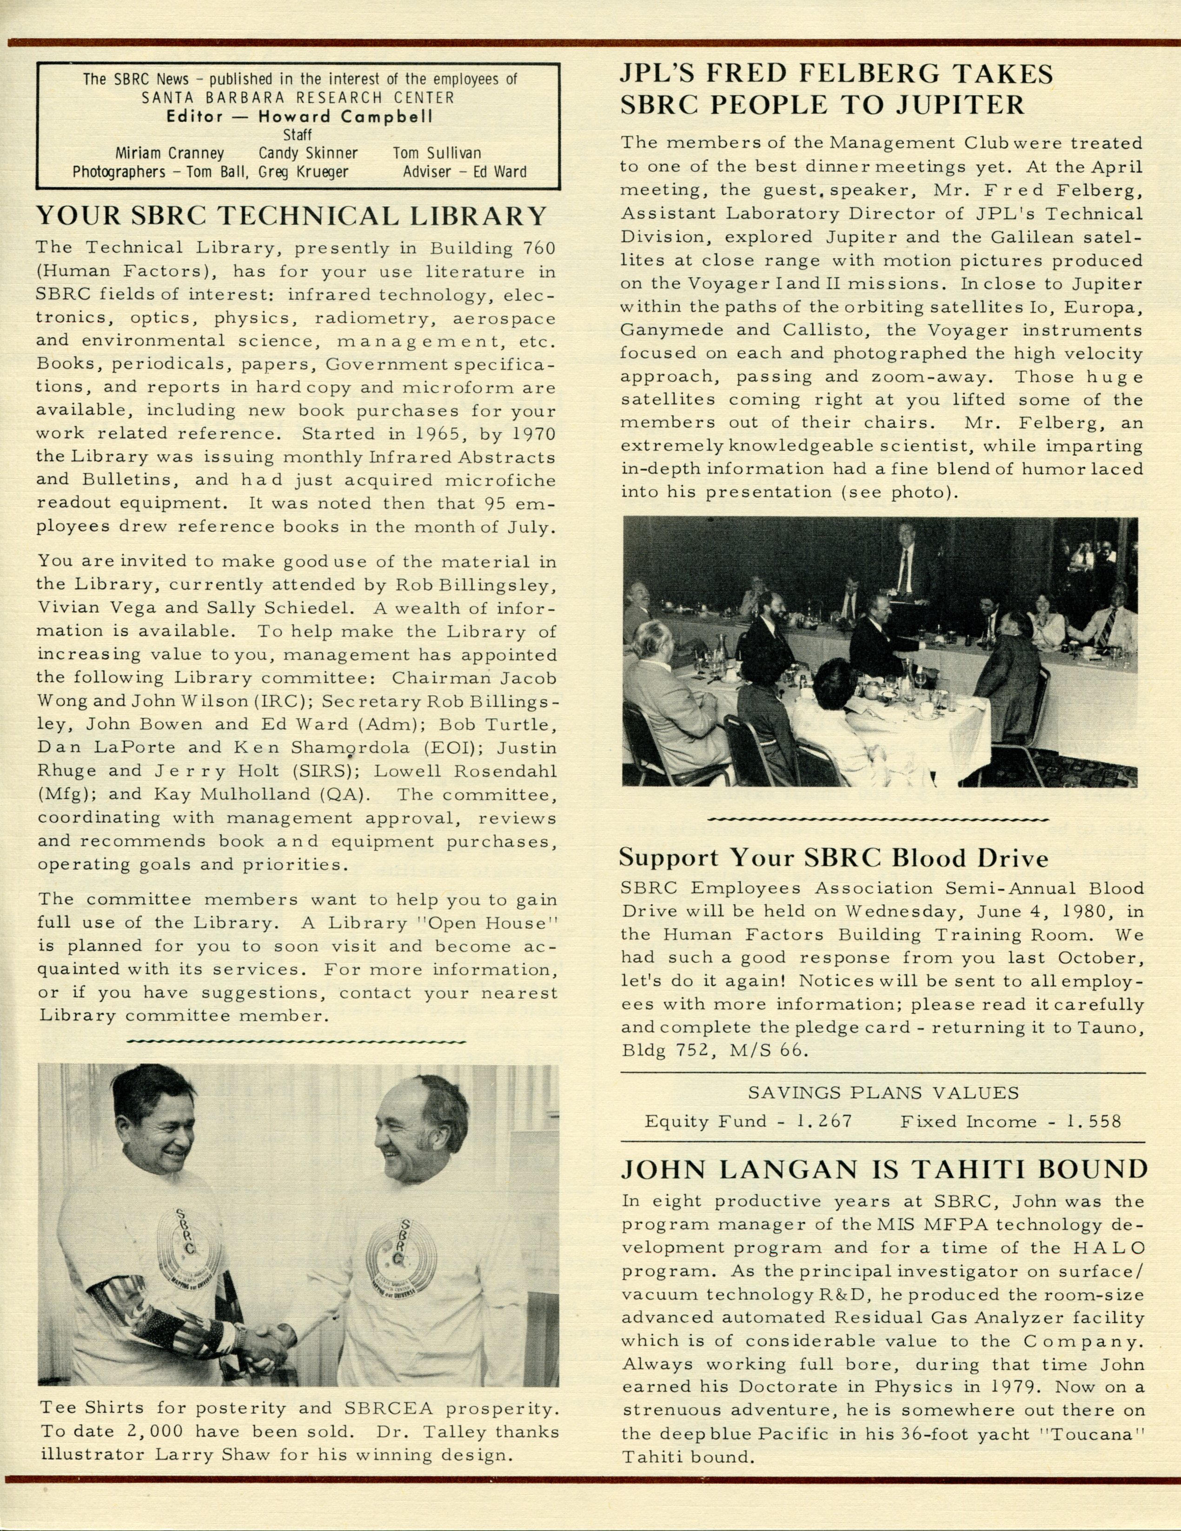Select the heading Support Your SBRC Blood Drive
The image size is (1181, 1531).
(x=833, y=858)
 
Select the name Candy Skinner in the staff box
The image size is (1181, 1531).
(x=308, y=153)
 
